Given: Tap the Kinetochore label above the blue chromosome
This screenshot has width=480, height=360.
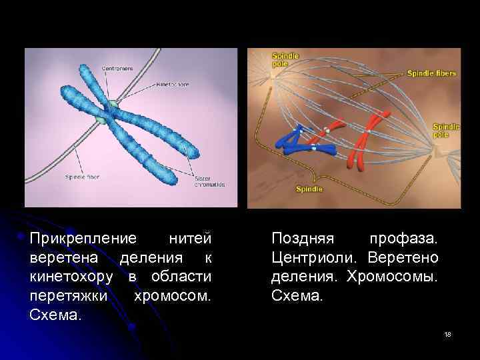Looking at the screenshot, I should pos(173,85).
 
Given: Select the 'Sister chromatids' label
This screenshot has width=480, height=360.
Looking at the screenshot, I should pos(209,181).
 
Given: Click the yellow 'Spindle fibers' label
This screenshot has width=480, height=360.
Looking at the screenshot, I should pos(431,73).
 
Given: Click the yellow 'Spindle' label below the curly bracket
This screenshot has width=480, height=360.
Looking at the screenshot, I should pos(310,189).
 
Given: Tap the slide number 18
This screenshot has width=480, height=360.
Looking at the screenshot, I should pos(447,333).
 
